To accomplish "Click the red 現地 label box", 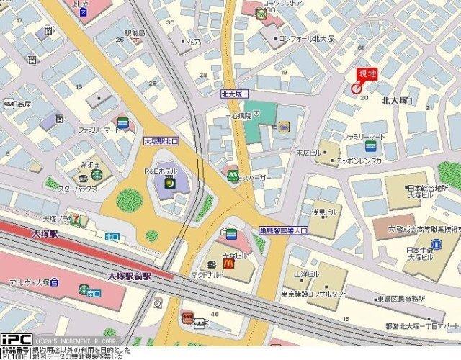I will [367, 73].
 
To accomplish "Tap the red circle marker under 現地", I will [356, 88].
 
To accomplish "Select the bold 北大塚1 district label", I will [398, 101].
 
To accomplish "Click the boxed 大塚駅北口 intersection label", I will [161, 142].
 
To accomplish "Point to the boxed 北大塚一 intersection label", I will [235, 94].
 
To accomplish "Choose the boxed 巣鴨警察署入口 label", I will [283, 230].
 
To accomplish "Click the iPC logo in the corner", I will [15, 339].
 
